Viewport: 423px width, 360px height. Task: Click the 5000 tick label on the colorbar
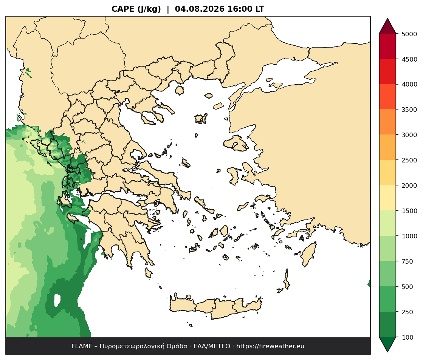tap(409, 34)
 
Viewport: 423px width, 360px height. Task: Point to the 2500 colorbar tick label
tap(409, 160)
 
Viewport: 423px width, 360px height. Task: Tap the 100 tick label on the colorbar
tap(408, 337)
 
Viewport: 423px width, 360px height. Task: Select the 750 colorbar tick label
tap(408, 261)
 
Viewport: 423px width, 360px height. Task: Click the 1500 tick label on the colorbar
tap(409, 211)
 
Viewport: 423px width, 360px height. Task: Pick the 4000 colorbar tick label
tap(409, 84)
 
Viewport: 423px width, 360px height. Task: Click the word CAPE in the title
tap(123, 9)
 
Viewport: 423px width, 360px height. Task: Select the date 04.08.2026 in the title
tap(200, 9)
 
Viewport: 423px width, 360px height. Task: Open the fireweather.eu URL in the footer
tap(270, 346)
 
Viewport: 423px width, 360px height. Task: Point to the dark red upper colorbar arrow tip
tap(388, 19)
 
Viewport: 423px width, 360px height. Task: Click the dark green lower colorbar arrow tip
tap(388, 352)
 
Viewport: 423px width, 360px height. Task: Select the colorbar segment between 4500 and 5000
tap(388, 46)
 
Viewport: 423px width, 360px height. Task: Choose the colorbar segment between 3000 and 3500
tap(388, 122)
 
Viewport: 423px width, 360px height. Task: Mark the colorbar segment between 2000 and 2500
tap(388, 173)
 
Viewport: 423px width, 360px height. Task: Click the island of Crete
tap(216, 307)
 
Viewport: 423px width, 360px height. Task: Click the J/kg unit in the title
tap(149, 9)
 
